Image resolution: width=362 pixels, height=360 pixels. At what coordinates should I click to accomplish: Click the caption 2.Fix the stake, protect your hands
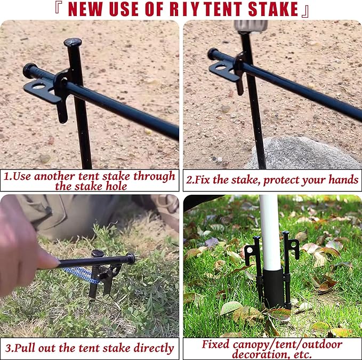point(272,180)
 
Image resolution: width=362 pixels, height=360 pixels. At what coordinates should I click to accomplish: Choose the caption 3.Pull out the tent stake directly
point(90,348)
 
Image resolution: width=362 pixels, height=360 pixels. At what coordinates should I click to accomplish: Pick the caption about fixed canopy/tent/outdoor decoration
point(272,348)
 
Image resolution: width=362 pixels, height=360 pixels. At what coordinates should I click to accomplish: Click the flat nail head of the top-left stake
point(73,42)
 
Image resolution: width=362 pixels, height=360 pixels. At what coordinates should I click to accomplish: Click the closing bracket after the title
point(305,9)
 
